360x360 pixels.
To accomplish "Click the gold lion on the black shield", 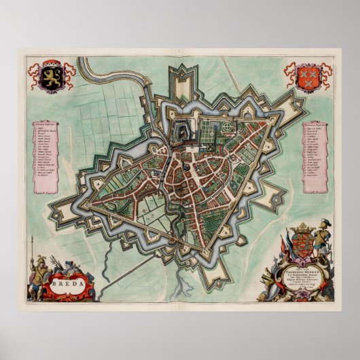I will pos(49,77).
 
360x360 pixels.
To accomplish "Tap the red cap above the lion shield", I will pos(49,65).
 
